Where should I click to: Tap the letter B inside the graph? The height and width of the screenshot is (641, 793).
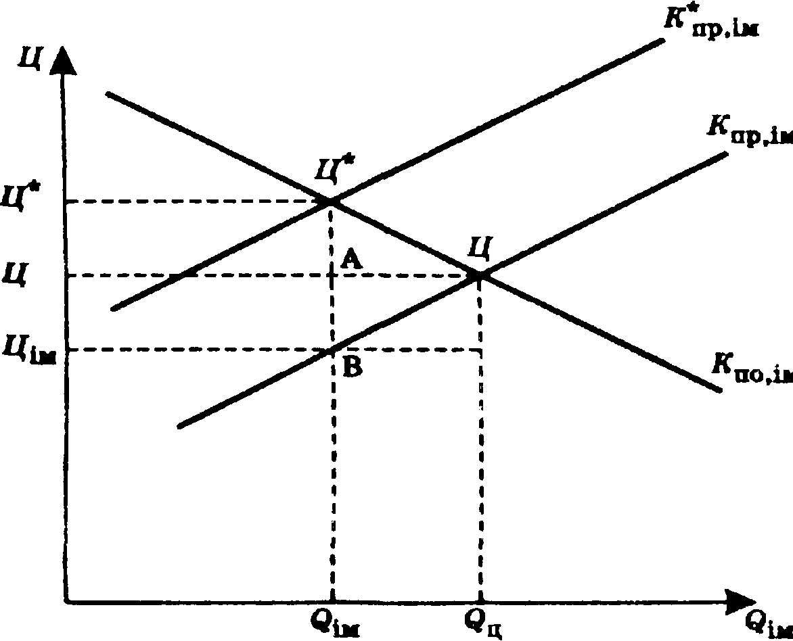[x=352, y=367]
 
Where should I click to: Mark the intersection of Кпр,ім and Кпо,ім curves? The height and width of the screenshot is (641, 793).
[x=479, y=275]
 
